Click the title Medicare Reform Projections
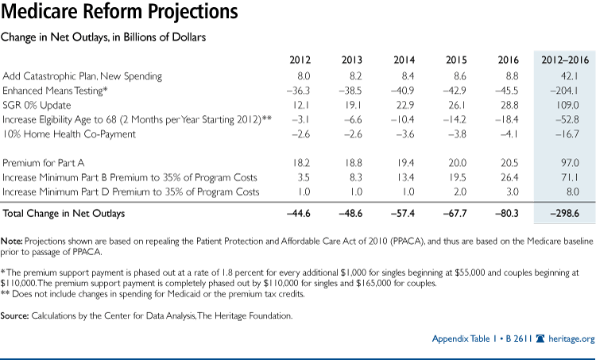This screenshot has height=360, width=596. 120,14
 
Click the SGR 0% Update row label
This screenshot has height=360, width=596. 37,105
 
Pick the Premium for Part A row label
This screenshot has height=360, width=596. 46,164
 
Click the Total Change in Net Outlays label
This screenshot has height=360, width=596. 64,213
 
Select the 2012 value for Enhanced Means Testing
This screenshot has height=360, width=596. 300,91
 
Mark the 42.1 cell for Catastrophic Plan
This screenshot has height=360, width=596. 567,76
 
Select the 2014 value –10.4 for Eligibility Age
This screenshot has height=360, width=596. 404,119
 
